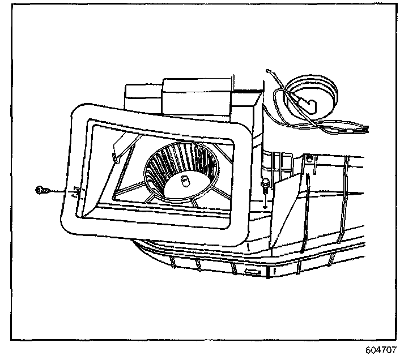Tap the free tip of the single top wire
point(268,71)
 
